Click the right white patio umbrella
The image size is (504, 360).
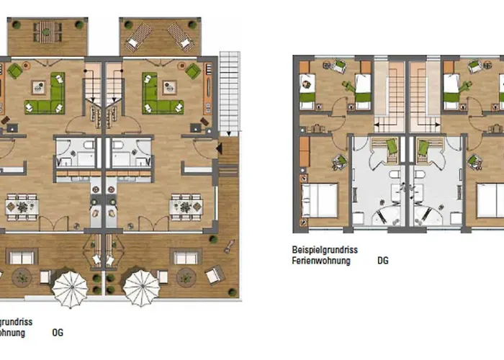pos(141,287)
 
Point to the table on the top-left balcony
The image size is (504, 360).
pos(47,31)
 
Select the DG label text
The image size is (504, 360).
pos(382,261)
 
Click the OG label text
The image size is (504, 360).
pos(58,333)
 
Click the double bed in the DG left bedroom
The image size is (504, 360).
pos(319,200)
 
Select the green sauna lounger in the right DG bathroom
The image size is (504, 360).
pos(425,148)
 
